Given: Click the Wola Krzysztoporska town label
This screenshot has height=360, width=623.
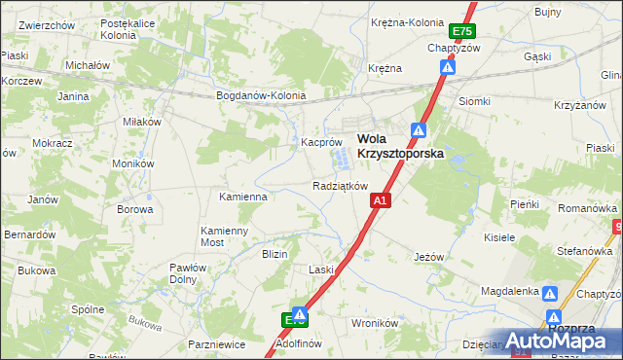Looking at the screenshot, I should point(399,146).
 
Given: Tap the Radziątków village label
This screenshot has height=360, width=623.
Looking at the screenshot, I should point(340,186).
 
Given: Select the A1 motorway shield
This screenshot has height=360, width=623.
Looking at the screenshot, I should point(381,200).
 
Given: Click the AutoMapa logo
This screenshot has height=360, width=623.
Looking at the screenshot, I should point(566,341).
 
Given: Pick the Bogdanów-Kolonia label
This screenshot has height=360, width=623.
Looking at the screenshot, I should point(261,96).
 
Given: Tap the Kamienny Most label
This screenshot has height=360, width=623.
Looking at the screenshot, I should point(225,236).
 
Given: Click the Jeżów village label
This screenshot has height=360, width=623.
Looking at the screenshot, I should point(428,257).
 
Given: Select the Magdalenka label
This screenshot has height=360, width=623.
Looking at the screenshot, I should point(510,291).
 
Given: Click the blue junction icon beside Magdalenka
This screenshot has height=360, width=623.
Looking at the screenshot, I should point(550,293).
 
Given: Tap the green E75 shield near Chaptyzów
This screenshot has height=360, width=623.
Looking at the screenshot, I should point(467,33).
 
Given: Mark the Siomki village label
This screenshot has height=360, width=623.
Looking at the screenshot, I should point(474,101).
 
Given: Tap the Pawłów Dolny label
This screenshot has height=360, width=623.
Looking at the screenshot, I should point(183,272).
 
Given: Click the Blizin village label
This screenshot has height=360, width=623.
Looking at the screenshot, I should point(275,254).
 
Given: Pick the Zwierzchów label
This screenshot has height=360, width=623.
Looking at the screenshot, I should point(47,24).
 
